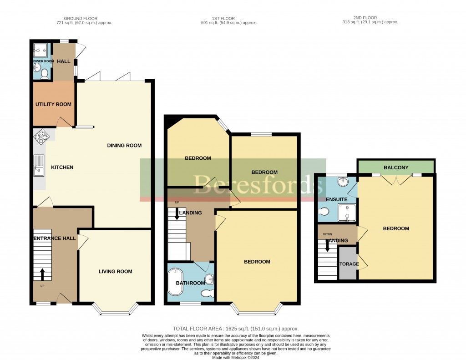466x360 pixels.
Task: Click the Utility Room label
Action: point(53,104)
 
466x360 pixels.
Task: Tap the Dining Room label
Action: point(124,146)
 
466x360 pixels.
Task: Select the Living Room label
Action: point(115,272)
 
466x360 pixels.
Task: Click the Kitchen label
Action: point(62,167)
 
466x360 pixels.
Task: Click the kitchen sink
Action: point(39,165)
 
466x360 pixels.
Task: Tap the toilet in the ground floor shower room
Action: point(44,72)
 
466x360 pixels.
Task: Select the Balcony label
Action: point(395,168)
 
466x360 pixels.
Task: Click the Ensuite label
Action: point(336,200)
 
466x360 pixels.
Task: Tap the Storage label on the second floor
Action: point(348,264)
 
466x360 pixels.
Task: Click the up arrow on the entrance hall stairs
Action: point(42,274)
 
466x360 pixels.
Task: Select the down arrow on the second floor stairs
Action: point(327,245)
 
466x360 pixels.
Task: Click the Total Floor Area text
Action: point(235,329)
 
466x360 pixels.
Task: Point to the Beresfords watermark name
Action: point(233,183)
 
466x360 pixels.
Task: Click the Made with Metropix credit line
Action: point(236,357)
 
